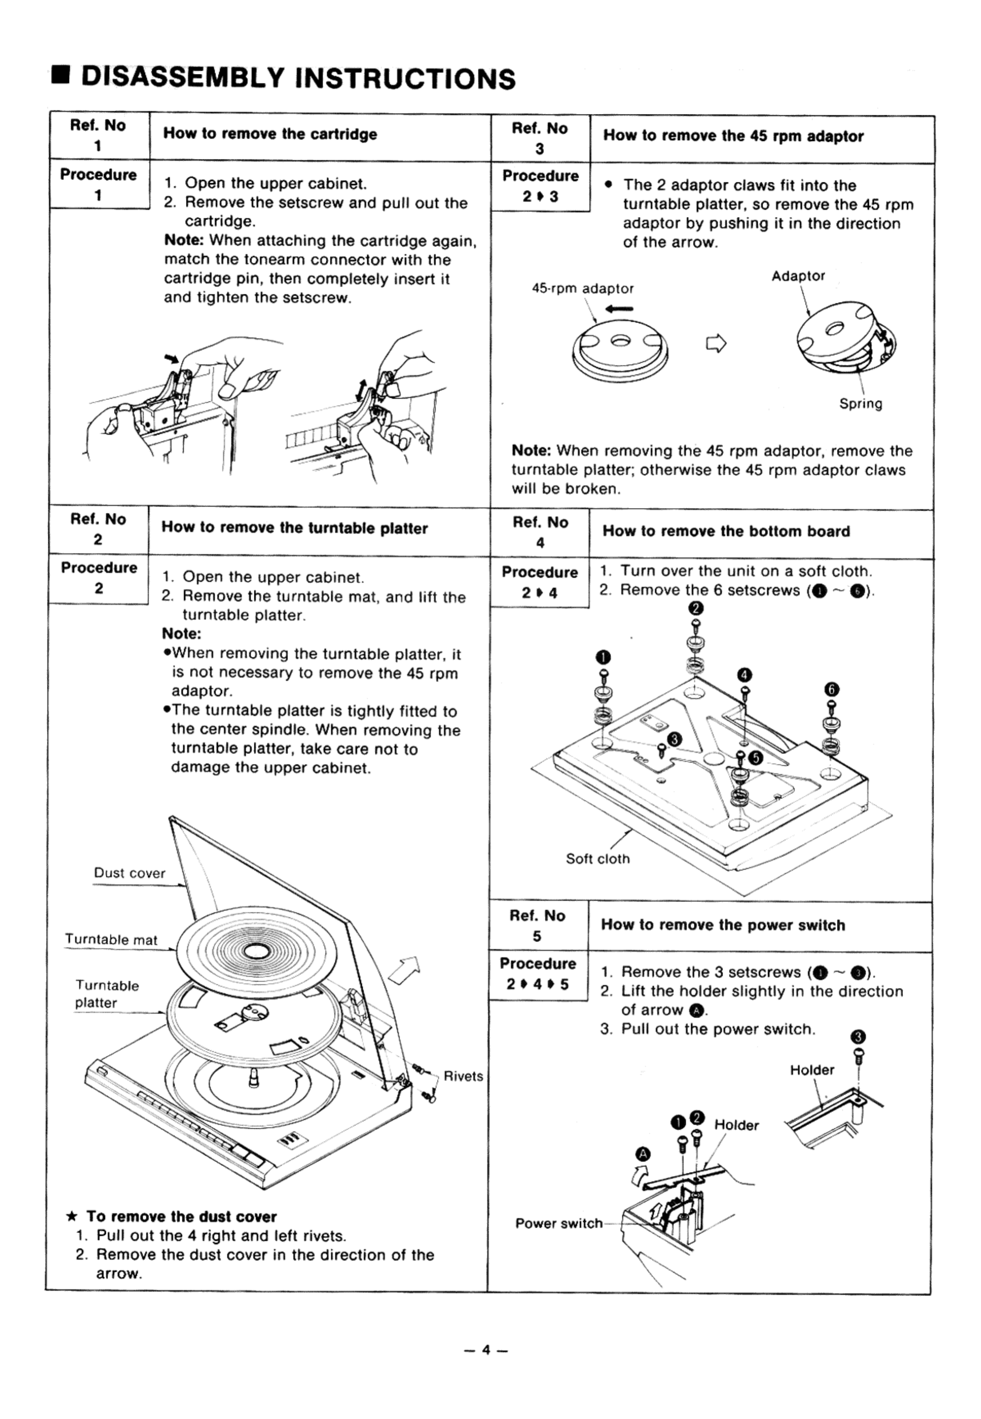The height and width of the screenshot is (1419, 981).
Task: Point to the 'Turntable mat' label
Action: (111, 940)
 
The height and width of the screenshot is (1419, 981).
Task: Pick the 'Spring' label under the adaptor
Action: (860, 404)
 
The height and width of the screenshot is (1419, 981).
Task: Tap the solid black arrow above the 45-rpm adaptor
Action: (618, 310)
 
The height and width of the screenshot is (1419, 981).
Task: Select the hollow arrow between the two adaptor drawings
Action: (716, 344)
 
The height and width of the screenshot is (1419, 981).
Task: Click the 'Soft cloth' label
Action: (598, 859)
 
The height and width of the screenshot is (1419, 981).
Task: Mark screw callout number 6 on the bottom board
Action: (832, 689)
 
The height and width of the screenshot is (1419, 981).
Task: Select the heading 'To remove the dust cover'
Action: (181, 1216)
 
